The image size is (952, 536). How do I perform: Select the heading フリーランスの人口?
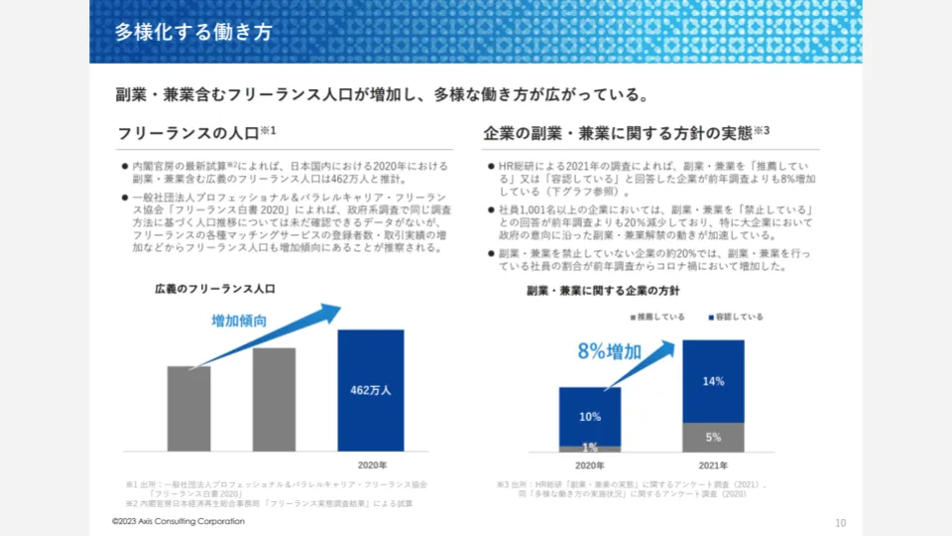pos(188,133)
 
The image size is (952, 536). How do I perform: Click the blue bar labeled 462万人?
pos(371,390)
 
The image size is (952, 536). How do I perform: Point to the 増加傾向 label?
pos(239,321)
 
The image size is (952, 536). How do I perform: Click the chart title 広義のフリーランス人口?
pos(214,289)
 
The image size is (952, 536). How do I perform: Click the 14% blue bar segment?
pos(713,381)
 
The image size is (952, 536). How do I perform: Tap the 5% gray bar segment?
pos(713,437)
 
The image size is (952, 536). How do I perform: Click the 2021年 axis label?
pos(713,465)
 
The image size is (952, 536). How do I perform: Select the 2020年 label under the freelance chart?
pos(371,465)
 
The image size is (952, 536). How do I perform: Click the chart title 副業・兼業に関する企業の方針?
pos(602,291)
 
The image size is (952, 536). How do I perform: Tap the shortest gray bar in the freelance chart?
pos(188,409)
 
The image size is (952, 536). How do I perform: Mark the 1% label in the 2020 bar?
pos(589,447)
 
